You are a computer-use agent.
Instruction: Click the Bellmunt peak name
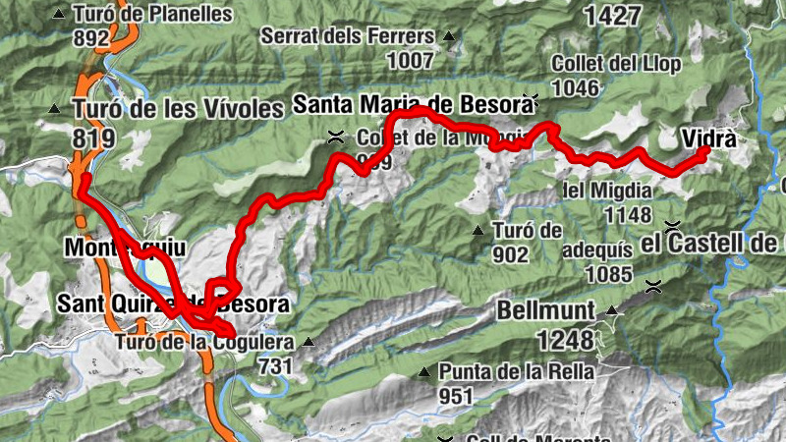(x=545, y=311)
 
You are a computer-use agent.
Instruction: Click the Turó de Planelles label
(x=153, y=15)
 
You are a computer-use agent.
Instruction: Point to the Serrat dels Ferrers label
(x=348, y=37)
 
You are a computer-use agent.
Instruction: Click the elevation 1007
(x=410, y=61)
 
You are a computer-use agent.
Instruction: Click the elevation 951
(x=456, y=395)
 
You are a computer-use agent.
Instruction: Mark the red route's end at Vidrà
(x=704, y=151)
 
